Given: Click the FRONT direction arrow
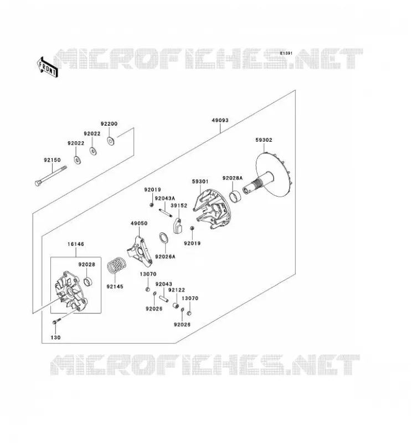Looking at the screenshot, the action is (x=48, y=67).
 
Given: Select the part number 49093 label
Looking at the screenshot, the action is (x=220, y=120).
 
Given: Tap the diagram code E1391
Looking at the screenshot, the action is (x=286, y=53).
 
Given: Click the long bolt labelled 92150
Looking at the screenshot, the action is (x=51, y=176).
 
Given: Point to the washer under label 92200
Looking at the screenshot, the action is (x=111, y=141).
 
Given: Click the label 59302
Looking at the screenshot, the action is (x=264, y=140).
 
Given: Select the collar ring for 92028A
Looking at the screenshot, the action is (x=235, y=197).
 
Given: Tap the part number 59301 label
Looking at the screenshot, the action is (x=200, y=182).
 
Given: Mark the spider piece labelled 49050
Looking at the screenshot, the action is (x=140, y=251).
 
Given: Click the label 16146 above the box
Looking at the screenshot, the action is (x=76, y=244).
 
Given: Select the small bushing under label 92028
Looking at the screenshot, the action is (x=89, y=281).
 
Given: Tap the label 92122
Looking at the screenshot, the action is (x=176, y=290).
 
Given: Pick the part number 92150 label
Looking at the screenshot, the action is (x=52, y=160).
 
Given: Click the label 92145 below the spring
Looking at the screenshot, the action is (x=115, y=286).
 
